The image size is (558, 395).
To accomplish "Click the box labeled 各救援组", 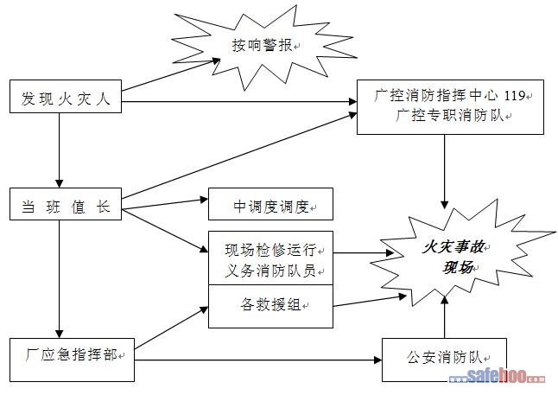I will (270, 306).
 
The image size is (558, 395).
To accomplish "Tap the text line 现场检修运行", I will (270, 250).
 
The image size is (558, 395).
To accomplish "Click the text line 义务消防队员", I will (270, 270).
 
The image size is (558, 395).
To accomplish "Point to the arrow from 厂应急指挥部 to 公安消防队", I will (259, 357).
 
